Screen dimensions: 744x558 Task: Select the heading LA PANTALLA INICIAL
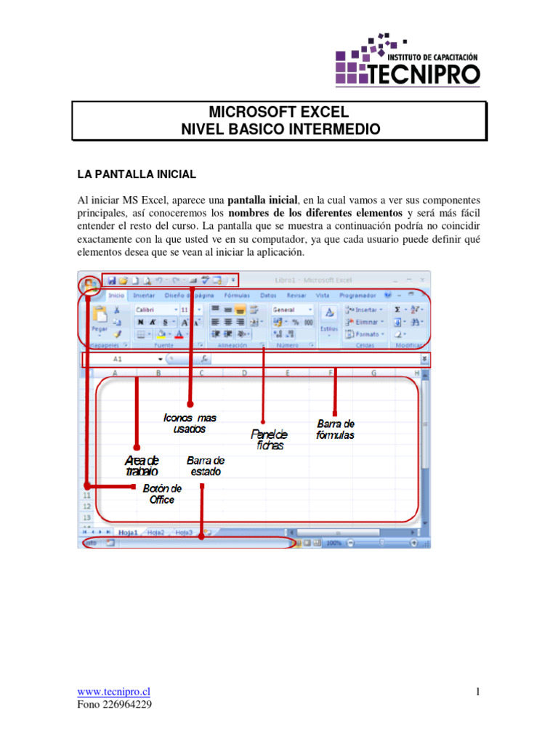[137, 174]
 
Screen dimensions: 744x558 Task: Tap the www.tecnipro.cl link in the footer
[114, 692]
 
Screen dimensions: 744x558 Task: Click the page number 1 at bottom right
[477, 692]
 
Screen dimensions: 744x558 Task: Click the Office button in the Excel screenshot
[89, 283]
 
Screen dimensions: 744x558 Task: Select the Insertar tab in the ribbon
[144, 296]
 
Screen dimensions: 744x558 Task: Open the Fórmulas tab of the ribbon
[237, 296]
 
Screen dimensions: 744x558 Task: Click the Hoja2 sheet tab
[156, 533]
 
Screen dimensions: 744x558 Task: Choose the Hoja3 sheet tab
[184, 533]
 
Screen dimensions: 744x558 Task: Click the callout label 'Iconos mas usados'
[190, 424]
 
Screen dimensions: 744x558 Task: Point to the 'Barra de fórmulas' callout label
[336, 429]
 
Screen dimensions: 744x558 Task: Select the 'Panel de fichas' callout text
[270, 440]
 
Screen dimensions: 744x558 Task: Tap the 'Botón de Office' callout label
[162, 494]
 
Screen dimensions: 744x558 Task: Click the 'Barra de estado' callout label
[205, 466]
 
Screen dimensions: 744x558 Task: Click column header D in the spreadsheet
[244, 373]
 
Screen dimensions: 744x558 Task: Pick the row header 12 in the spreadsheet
[86, 506]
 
